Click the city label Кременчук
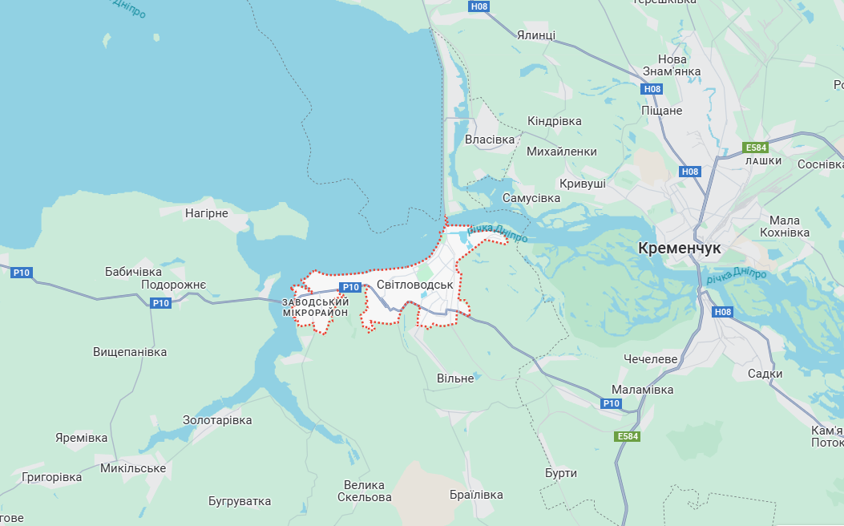[680, 249]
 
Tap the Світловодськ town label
[414, 285]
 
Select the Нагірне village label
[207, 213]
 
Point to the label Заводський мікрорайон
[315, 307]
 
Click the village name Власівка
[490, 140]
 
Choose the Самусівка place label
[531, 197]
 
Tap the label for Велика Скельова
[364, 491]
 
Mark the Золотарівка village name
[217, 420]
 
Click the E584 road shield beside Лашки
[755, 148]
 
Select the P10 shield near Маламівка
[612, 403]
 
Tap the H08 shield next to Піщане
[652, 89]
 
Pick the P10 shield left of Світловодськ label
[350, 287]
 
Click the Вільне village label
[455, 378]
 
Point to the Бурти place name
[560, 473]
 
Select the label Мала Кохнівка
[784, 226]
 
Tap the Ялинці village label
[536, 35]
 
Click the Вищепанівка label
[130, 352]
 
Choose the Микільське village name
[133, 468]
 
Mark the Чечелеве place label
[651, 358]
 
